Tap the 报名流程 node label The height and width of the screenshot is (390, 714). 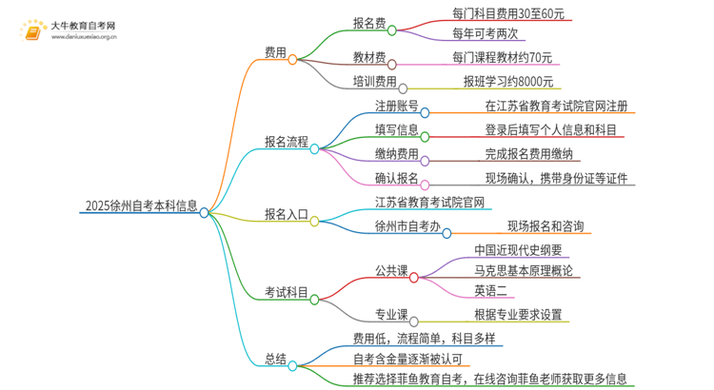[x=286, y=142]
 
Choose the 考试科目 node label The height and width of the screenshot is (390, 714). [x=286, y=293]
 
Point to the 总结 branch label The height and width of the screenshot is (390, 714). [x=275, y=359]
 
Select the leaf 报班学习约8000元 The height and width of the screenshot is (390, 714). [x=507, y=82]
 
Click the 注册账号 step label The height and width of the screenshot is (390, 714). [x=395, y=106]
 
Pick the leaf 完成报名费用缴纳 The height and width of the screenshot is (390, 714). [x=528, y=153]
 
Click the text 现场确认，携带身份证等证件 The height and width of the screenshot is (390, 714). [x=556, y=178]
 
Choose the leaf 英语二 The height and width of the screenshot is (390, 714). [x=493, y=290]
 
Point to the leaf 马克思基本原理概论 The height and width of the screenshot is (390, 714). [x=523, y=270]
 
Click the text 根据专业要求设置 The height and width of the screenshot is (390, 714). [x=517, y=315]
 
